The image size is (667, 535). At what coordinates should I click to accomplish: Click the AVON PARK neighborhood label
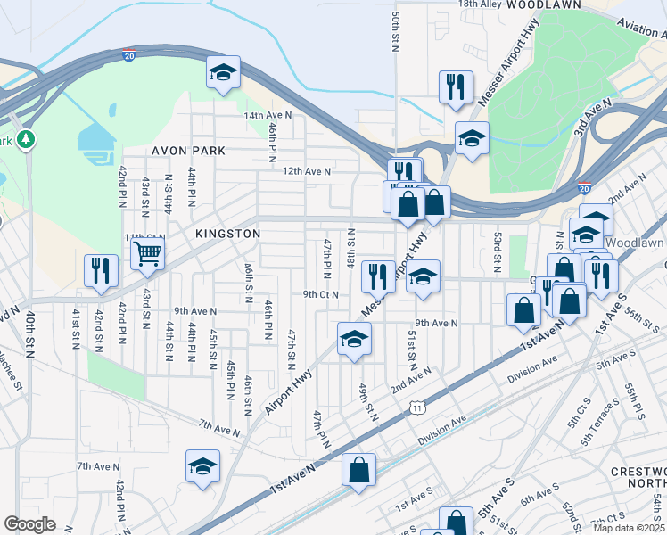(x=188, y=151)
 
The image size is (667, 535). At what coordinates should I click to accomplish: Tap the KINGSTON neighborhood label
(x=228, y=233)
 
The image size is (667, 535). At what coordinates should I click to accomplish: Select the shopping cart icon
(x=147, y=253)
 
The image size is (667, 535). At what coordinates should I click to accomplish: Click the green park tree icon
(x=27, y=138)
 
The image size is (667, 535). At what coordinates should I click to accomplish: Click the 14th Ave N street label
(x=268, y=116)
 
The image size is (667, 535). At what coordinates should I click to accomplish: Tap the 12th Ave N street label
(x=307, y=171)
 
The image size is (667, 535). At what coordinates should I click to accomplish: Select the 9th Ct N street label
(x=322, y=293)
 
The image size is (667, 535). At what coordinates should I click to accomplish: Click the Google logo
(x=29, y=523)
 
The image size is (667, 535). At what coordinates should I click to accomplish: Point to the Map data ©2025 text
(x=629, y=528)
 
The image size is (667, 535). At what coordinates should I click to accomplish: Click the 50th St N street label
(x=395, y=31)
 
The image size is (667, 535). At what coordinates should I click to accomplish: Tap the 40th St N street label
(x=29, y=331)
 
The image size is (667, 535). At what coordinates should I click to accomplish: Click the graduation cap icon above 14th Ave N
(x=223, y=73)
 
